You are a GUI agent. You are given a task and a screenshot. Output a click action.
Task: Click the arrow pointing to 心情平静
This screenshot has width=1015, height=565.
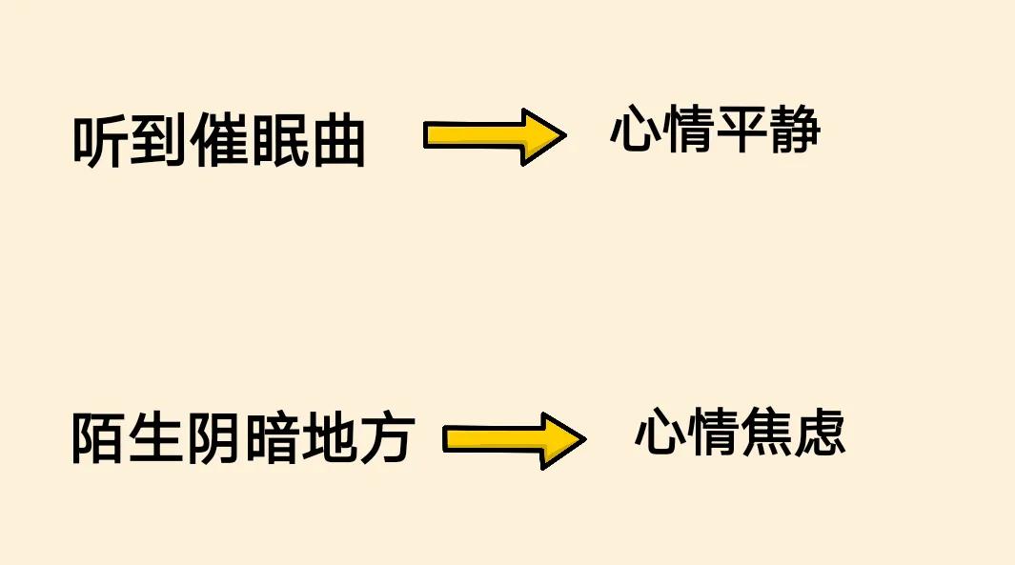(495, 137)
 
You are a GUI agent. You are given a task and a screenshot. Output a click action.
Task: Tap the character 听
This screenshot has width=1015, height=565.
(101, 144)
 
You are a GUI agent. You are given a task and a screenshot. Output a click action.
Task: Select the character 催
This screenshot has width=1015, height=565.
(220, 144)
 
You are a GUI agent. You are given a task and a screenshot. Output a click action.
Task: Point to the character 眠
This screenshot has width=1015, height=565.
(278, 144)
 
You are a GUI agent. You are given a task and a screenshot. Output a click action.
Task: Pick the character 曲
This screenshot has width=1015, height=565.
(337, 144)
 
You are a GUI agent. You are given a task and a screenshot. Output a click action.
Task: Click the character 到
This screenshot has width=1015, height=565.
(160, 144)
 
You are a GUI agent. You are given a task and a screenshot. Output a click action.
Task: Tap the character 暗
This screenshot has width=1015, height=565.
(272, 439)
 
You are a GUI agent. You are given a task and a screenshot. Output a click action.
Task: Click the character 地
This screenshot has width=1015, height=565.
(329, 439)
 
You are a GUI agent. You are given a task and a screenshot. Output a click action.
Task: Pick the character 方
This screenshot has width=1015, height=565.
(385, 439)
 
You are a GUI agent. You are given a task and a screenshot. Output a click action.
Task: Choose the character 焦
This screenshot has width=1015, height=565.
(766, 434)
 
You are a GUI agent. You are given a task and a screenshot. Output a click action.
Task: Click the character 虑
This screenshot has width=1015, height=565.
(820, 434)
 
